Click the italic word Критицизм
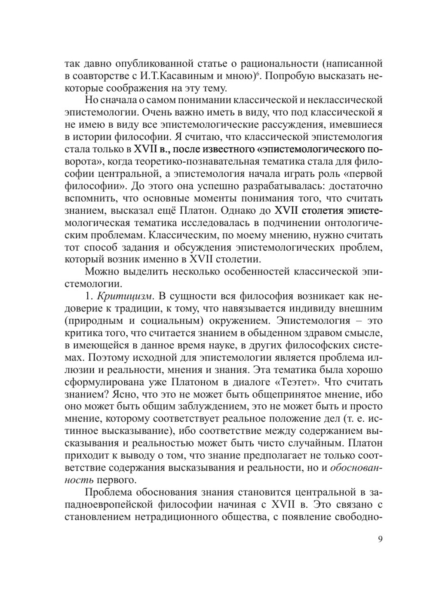pos(125,296)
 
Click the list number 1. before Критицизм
pos(89,296)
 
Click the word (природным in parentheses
pos(91,321)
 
